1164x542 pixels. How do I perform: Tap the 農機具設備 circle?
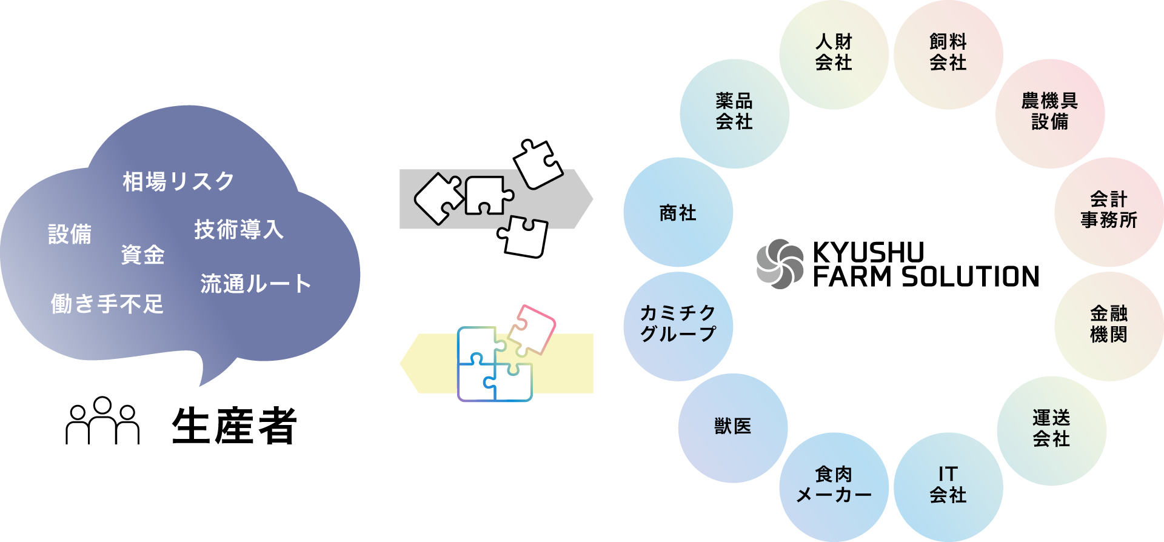click(x=1049, y=113)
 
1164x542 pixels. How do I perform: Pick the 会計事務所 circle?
click(x=1109, y=212)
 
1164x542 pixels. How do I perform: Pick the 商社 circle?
click(x=678, y=212)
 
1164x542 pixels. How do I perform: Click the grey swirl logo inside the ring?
click(x=780, y=264)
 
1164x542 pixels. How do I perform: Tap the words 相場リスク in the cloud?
click(x=178, y=182)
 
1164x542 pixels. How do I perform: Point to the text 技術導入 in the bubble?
click(x=239, y=230)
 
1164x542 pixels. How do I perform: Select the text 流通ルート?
click(x=256, y=284)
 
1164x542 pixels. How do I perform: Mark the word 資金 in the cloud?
click(x=142, y=255)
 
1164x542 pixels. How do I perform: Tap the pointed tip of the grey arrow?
click(x=591, y=199)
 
